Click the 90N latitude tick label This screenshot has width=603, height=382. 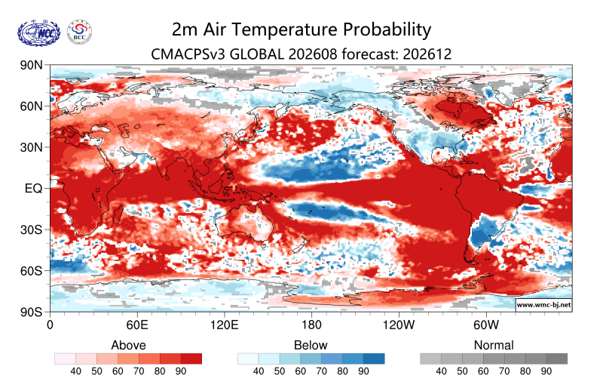coord(31,65)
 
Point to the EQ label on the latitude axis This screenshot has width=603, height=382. coord(33,188)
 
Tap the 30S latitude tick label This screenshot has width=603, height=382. coord(31,230)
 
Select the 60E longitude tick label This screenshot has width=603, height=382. coord(137,325)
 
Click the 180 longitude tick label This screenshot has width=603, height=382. coord(311,325)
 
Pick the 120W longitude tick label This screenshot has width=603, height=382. coord(399,325)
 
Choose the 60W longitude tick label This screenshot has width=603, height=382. coord(486,325)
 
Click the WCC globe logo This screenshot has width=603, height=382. coord(39,33)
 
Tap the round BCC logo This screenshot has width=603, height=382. coord(80,32)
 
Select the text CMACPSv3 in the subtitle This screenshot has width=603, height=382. coord(188,54)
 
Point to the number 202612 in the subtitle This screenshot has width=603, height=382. coord(427,54)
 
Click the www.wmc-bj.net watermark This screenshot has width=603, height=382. coord(543,304)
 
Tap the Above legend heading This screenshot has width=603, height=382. coord(128,345)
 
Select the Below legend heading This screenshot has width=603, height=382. coord(311,345)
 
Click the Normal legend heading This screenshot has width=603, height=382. coord(494,345)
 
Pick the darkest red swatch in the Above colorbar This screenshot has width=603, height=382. coord(191,359)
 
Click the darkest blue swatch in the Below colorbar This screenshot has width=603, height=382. coord(374,359)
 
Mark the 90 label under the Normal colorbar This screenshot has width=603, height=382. coord(546,371)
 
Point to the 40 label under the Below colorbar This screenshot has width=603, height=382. coord(259,371)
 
